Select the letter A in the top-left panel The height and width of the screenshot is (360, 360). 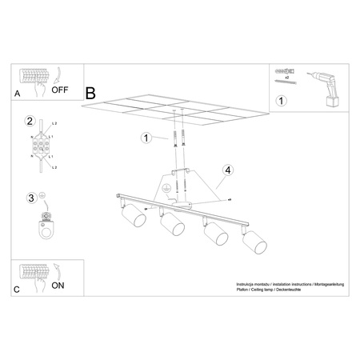18,94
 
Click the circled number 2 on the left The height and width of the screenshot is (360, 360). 30,122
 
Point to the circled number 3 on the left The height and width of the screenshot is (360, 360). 30,198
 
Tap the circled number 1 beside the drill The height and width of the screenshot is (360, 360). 280,102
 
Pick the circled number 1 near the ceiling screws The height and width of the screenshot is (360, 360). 146,138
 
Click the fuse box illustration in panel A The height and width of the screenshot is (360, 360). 35,78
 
